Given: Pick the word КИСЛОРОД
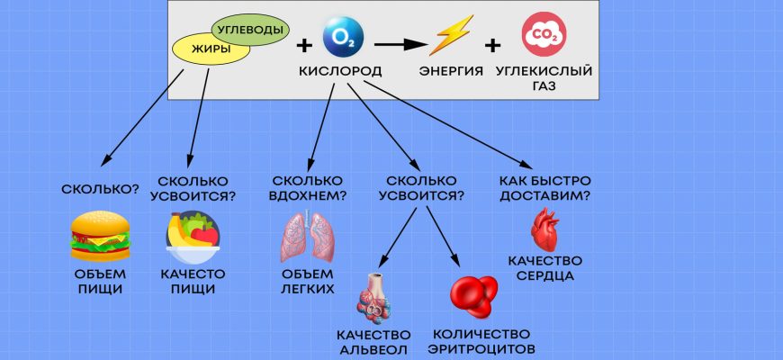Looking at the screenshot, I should (x=339, y=71).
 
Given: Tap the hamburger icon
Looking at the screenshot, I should (x=99, y=236).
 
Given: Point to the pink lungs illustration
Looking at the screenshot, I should (x=305, y=238).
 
